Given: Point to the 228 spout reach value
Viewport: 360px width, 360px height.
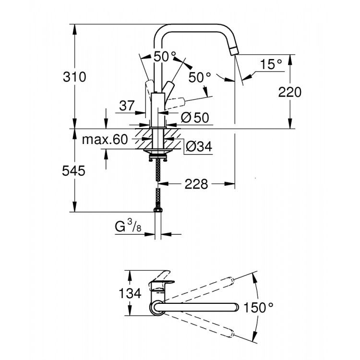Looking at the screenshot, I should [196, 183].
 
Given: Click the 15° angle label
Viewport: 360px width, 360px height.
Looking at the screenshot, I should [271, 64].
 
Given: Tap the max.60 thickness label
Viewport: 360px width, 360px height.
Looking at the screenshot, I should [104, 140].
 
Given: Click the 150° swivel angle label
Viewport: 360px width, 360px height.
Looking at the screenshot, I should [258, 307].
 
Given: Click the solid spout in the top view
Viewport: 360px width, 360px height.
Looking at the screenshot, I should [197, 306].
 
